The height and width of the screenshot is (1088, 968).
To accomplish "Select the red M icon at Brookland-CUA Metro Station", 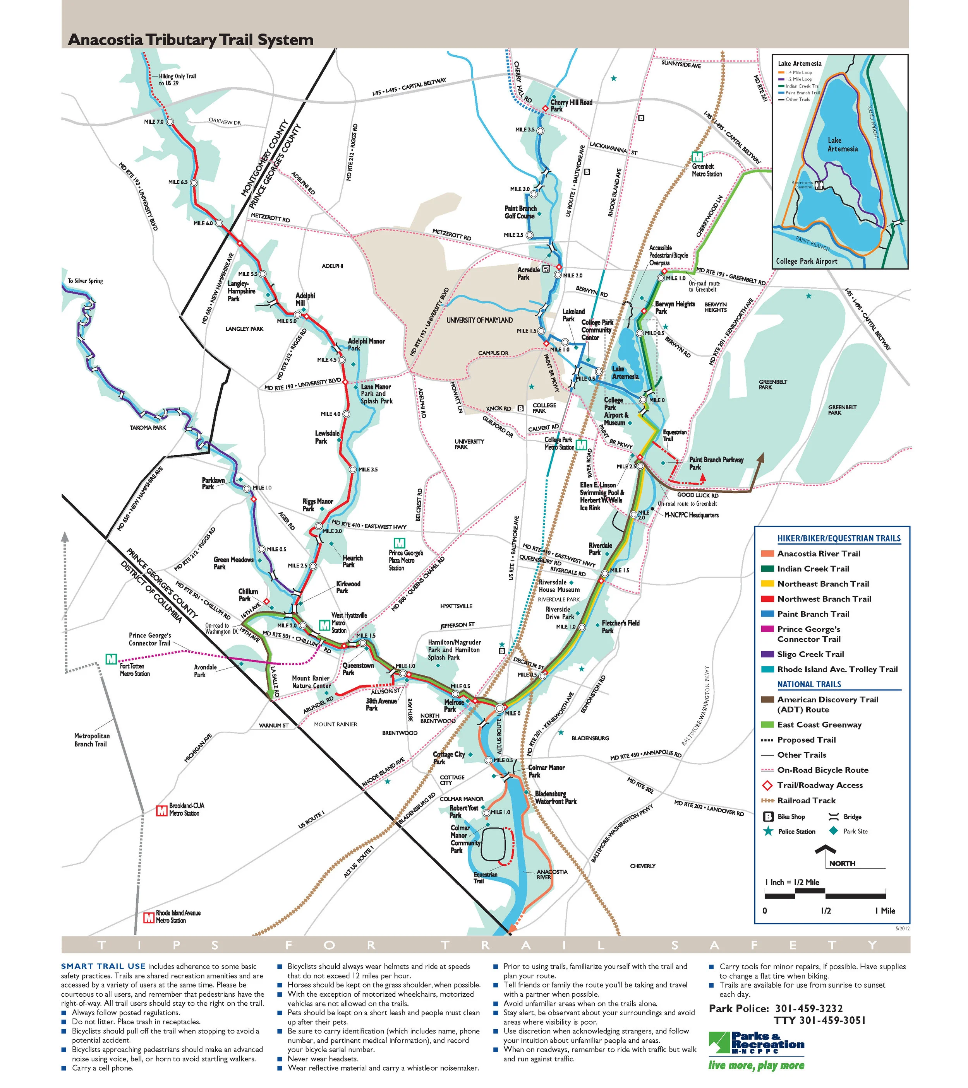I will tap(161, 811).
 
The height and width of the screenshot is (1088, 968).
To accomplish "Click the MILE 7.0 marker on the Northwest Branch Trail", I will tap(170, 122).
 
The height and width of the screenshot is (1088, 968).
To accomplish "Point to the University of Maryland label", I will tap(479, 320).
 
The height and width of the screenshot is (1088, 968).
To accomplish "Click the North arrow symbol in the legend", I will tap(826, 852).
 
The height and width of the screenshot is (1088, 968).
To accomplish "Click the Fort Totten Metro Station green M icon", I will tap(111, 659).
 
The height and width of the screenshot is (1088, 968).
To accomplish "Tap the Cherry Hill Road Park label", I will tap(571, 105).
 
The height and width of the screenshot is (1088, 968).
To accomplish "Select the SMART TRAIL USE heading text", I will tap(103, 966).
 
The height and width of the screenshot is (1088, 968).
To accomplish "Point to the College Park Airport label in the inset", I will tap(806, 261).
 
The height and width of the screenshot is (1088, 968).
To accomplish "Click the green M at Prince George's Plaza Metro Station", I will tap(398, 543).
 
